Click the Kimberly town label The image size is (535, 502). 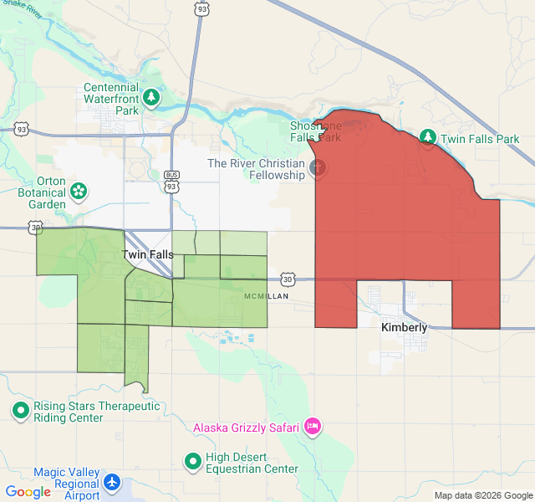point(404,327)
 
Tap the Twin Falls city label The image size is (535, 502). point(148,254)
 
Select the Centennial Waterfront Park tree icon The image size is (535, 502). point(151,98)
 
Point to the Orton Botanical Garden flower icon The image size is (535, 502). point(79,192)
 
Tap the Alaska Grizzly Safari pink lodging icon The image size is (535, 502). point(313,427)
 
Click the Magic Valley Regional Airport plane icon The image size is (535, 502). point(113,483)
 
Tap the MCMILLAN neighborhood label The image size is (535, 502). point(266,297)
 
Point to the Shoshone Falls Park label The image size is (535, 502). point(315,131)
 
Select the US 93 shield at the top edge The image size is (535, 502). point(201,8)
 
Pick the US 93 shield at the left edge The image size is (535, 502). point(22,130)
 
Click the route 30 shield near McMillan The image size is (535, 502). point(288,279)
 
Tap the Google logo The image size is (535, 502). point(28,492)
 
